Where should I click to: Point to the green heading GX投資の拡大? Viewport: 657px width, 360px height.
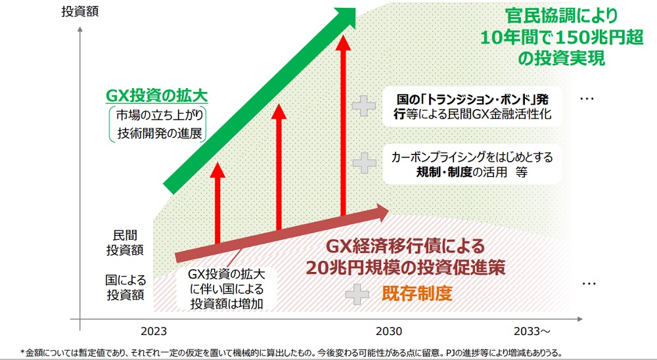point(157,96)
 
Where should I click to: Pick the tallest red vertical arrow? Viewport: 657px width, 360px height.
point(342,125)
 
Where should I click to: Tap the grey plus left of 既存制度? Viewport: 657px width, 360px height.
point(358,293)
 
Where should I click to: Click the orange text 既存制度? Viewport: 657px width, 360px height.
point(417,293)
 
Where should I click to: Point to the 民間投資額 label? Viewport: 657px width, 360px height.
point(125,242)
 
